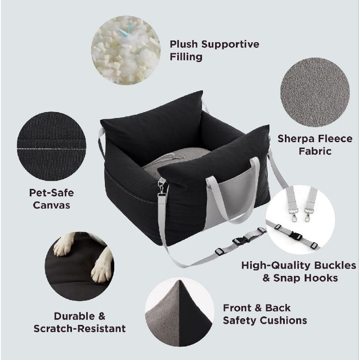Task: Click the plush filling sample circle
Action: pos(126,50)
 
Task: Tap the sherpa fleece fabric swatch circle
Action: pos(315,92)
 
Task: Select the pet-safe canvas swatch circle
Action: pos(51,146)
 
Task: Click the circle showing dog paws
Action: pos(80,266)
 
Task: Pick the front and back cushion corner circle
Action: pos(180,312)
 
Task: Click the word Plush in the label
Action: pos(184,44)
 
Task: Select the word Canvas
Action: pos(51,205)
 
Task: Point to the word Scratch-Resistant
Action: pos(80,328)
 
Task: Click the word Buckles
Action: pos(335,265)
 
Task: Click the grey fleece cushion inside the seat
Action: pos(175,161)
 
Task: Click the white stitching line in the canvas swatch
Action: pos(51,149)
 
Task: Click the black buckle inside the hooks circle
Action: pos(296,236)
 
